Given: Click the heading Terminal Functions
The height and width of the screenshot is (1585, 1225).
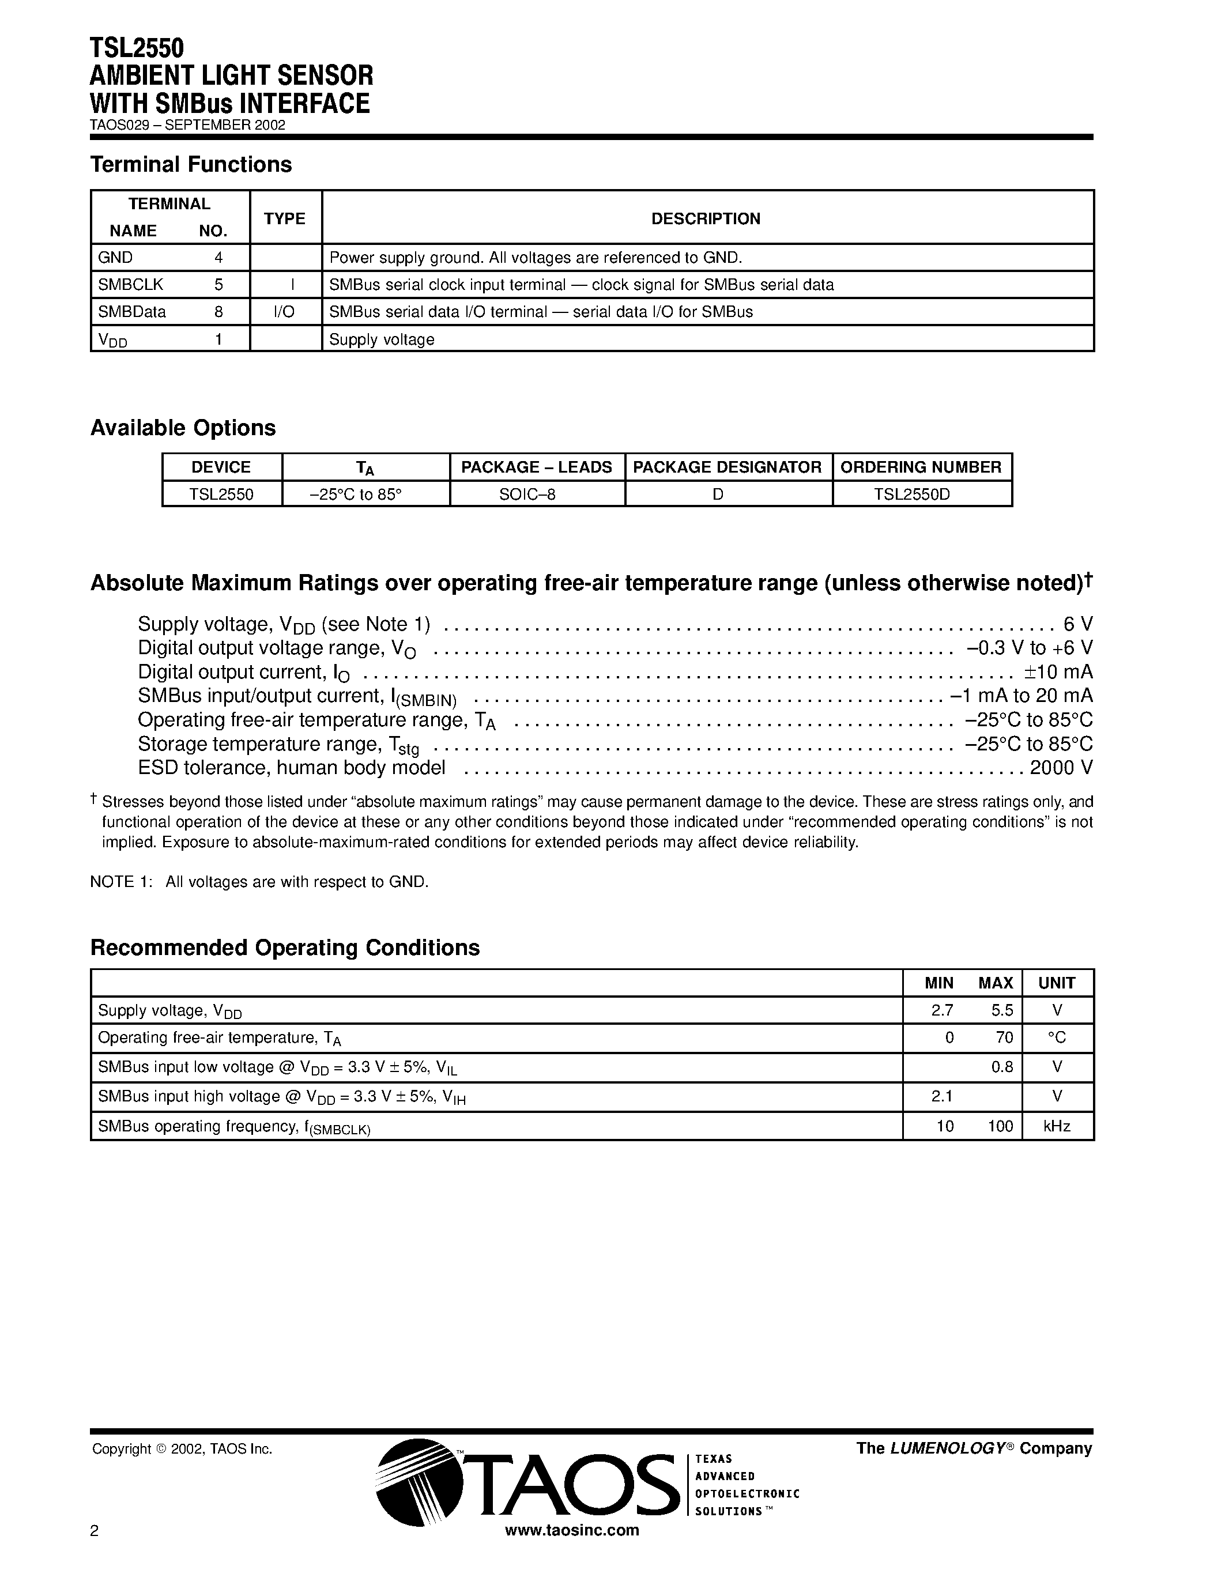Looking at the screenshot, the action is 191,165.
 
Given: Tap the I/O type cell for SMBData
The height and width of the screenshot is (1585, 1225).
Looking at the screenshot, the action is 284,312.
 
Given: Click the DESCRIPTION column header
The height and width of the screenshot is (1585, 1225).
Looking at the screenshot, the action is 706,218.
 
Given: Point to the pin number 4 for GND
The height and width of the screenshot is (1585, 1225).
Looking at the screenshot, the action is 218,258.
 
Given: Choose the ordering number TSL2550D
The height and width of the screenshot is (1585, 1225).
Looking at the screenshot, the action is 911,494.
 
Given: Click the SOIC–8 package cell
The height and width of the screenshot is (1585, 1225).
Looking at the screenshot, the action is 527,494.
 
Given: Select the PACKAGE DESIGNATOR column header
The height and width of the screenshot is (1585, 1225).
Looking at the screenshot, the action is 727,467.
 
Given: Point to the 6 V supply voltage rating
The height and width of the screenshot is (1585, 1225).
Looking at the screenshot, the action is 1077,624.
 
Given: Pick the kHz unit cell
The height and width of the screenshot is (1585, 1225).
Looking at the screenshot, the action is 1057,1126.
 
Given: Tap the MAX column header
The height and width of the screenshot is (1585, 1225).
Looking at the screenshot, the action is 995,983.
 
